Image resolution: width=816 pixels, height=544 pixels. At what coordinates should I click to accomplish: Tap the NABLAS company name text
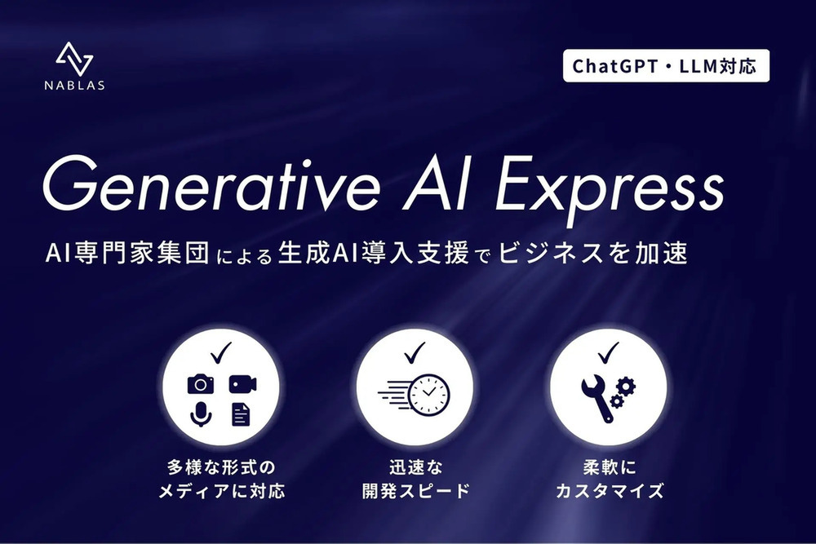[x=75, y=86]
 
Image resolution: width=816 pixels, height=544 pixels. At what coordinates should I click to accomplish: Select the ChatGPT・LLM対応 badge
[x=666, y=66]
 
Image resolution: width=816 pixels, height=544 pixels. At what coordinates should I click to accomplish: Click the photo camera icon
[x=200, y=383]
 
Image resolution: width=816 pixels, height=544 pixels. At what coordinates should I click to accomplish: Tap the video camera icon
[x=242, y=383]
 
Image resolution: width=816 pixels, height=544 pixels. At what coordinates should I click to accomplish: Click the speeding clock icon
[x=415, y=394]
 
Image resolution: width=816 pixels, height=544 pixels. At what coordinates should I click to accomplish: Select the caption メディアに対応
[x=221, y=492]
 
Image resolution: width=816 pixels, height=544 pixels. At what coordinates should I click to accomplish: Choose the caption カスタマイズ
[x=609, y=492]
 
